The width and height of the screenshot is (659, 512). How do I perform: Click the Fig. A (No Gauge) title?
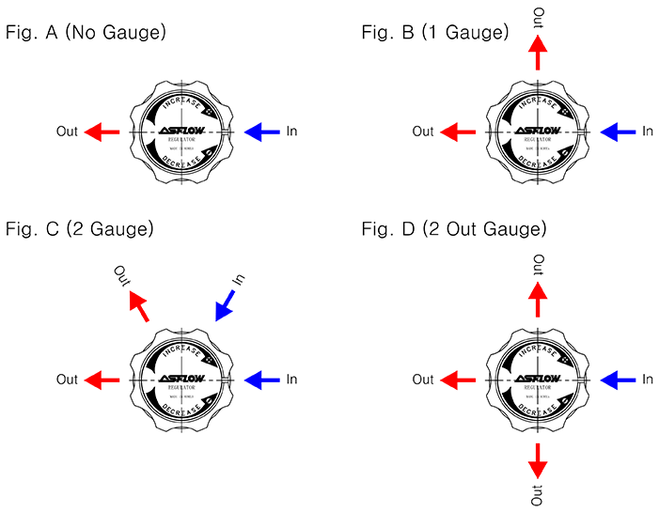[x=86, y=34]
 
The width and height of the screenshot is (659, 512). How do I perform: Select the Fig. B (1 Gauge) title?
[x=435, y=34]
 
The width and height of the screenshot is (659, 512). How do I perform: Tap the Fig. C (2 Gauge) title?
[x=79, y=229]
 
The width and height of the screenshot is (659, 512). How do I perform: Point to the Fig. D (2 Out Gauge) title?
[x=454, y=229]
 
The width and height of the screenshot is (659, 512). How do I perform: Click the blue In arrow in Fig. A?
[x=261, y=132]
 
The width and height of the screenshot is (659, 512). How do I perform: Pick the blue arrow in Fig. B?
[x=619, y=132]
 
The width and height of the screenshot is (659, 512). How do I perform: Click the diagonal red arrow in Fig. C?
[x=138, y=305]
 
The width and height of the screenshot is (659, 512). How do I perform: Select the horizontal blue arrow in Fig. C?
[x=261, y=380]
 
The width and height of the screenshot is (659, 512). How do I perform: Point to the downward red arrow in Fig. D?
[x=538, y=460]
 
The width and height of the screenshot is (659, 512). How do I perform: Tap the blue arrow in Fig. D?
[x=619, y=380]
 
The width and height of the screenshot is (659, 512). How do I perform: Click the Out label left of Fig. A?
[x=67, y=132]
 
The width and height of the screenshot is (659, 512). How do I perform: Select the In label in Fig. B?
[x=648, y=132]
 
